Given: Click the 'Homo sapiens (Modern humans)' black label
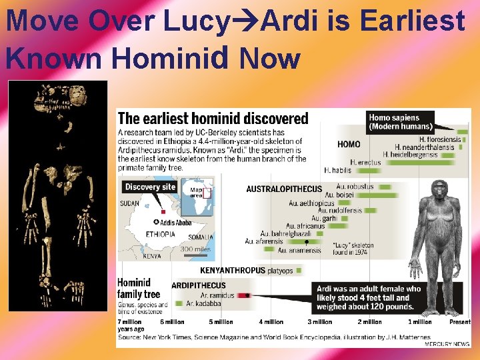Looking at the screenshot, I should (401, 122).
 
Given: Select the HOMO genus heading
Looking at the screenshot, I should (349, 144).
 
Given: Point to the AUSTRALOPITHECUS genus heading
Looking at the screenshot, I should (284, 189).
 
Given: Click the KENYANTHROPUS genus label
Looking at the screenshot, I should (233, 271).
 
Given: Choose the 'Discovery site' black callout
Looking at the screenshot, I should (150, 187).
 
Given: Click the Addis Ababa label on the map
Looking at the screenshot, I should (176, 222).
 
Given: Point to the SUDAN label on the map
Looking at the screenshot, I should (129, 203).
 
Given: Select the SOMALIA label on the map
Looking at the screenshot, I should (201, 237).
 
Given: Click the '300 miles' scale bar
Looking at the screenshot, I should (196, 249).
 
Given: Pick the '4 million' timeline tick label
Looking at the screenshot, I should (271, 322).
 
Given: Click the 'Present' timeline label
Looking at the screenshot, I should (460, 322).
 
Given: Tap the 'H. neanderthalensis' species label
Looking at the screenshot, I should (426, 147).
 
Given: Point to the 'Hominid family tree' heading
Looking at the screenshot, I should (138, 288).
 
